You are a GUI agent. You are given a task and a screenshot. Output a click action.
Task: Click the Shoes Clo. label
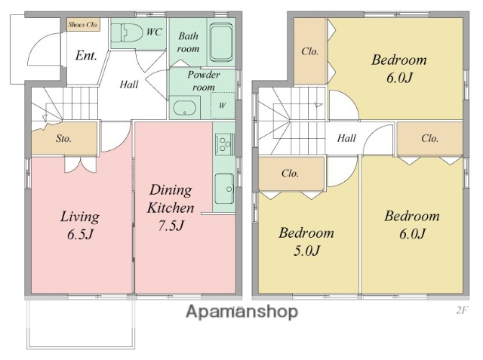[83, 25]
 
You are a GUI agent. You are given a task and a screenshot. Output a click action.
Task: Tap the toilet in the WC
[127, 33]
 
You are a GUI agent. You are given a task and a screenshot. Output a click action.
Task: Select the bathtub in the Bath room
[221, 42]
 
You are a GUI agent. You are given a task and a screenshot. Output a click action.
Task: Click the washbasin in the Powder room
[184, 108]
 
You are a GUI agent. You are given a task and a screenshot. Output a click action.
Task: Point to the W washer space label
[223, 106]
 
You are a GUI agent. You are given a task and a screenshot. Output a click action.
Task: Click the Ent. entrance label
[86, 56]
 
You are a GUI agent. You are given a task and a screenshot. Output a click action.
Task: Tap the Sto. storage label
[63, 139]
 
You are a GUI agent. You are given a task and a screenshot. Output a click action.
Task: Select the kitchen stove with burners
[225, 144]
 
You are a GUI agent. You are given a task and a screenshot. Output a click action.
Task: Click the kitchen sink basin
[224, 189]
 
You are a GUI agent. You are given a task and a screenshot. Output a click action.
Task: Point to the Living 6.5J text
[80, 225]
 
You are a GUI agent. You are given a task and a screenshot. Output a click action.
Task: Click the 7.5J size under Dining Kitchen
[171, 226]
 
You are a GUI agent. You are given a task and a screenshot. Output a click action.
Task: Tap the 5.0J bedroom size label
[306, 251]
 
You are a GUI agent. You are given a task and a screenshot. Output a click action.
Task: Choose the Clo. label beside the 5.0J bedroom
[290, 173]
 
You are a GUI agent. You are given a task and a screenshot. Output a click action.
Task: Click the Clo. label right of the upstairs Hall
[429, 138]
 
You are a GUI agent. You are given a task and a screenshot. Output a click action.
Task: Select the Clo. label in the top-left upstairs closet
[310, 51]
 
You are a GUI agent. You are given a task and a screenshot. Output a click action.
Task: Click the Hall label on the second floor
[347, 138]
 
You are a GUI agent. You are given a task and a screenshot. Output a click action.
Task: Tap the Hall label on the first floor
[129, 85]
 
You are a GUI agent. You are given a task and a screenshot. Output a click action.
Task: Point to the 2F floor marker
[462, 310]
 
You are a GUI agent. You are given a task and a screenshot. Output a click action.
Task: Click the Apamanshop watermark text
[241, 312]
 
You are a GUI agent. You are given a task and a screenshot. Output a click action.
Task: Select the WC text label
[154, 32]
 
